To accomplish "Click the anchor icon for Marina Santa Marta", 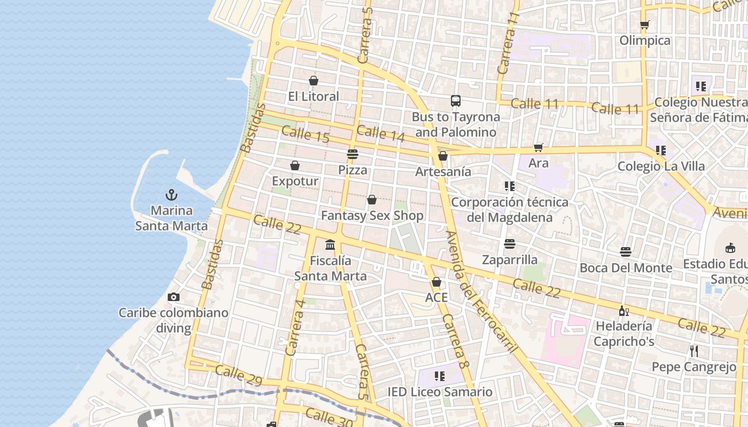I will [x=172, y=195].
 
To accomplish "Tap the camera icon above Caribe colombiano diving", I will [x=173, y=297].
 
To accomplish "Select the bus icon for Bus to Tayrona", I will [x=456, y=101].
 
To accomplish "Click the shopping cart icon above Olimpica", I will [x=645, y=25].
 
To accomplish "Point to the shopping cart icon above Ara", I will [x=538, y=148].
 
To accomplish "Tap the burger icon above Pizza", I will [x=353, y=155].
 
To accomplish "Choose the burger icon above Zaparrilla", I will [x=510, y=244].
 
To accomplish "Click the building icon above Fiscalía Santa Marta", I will [x=330, y=245].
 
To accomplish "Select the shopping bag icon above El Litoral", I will [x=314, y=81].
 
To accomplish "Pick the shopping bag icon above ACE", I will [x=437, y=282].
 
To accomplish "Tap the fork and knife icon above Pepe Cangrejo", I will [x=694, y=351].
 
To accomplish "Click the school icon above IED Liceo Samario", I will [x=440, y=376].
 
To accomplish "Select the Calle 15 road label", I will [x=305, y=134].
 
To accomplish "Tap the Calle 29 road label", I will [x=238, y=375].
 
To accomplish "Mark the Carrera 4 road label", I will [x=295, y=327].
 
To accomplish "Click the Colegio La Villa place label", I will [x=661, y=166].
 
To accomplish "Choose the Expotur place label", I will [x=295, y=181].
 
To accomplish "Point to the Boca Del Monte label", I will [x=626, y=267].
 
